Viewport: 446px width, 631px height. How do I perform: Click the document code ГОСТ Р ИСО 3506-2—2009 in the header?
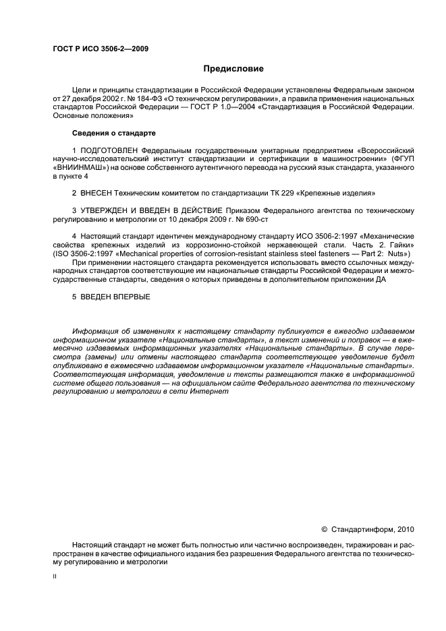click(101, 49)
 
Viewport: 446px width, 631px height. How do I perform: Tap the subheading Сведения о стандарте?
click(114, 132)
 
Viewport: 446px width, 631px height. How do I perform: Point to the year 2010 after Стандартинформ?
click(403, 529)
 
